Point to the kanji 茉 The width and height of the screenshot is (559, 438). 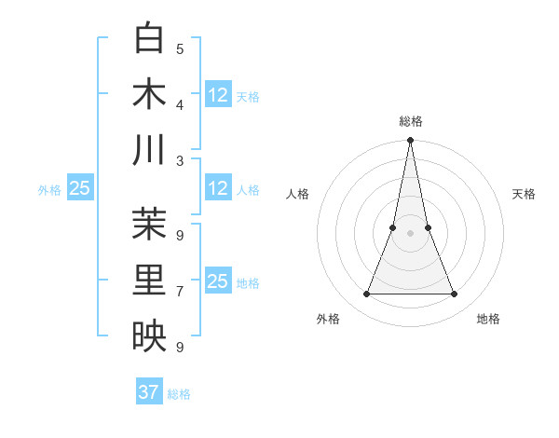tap(149, 224)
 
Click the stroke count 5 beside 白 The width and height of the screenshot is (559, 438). tap(180, 48)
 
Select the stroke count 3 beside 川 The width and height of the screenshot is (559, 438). tap(180, 159)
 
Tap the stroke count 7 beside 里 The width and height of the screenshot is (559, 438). tap(180, 291)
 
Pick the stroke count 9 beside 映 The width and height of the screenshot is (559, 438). tap(180, 347)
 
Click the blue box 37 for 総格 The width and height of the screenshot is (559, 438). tap(149, 392)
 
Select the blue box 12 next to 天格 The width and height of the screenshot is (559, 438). tap(218, 95)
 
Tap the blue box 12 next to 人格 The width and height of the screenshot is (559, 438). tap(218, 189)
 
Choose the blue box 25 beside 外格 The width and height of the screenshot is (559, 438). tap(79, 189)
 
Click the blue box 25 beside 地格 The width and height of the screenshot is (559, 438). tap(218, 281)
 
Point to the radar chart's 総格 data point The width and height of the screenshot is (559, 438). tap(410, 142)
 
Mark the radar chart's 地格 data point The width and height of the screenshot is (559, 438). tap(455, 294)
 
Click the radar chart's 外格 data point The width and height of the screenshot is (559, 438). tap(366, 294)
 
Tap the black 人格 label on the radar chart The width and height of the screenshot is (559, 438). tap(297, 194)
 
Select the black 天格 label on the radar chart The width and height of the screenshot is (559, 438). tap(524, 194)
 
